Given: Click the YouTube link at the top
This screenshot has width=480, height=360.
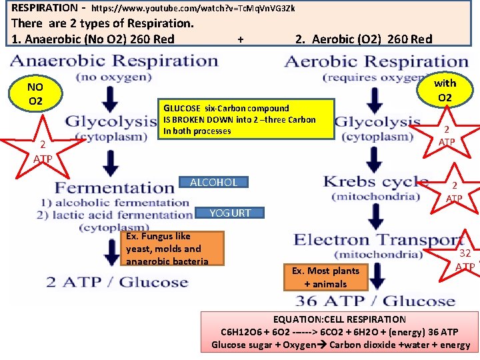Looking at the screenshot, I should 193,9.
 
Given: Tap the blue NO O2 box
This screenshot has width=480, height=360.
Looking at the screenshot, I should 35,94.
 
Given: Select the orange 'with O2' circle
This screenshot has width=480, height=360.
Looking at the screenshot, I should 445,90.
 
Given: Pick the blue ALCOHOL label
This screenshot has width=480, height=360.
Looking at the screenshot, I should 213,182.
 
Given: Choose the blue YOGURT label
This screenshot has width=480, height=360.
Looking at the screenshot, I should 230,213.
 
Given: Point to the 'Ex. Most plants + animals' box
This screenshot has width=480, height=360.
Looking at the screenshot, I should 325,277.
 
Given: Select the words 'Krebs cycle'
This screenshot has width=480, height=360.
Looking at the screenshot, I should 375,181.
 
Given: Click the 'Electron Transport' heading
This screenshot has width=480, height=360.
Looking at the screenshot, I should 379,239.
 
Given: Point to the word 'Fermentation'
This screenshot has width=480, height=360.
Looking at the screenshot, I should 114,187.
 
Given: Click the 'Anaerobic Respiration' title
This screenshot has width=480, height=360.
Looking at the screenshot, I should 114,61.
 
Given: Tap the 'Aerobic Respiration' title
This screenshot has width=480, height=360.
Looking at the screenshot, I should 376,61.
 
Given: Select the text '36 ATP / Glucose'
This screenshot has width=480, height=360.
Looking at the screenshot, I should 378,300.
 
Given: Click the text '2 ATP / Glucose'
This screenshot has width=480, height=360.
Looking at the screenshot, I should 117,281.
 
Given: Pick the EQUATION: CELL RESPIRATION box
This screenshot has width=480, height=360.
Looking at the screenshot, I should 340,332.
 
